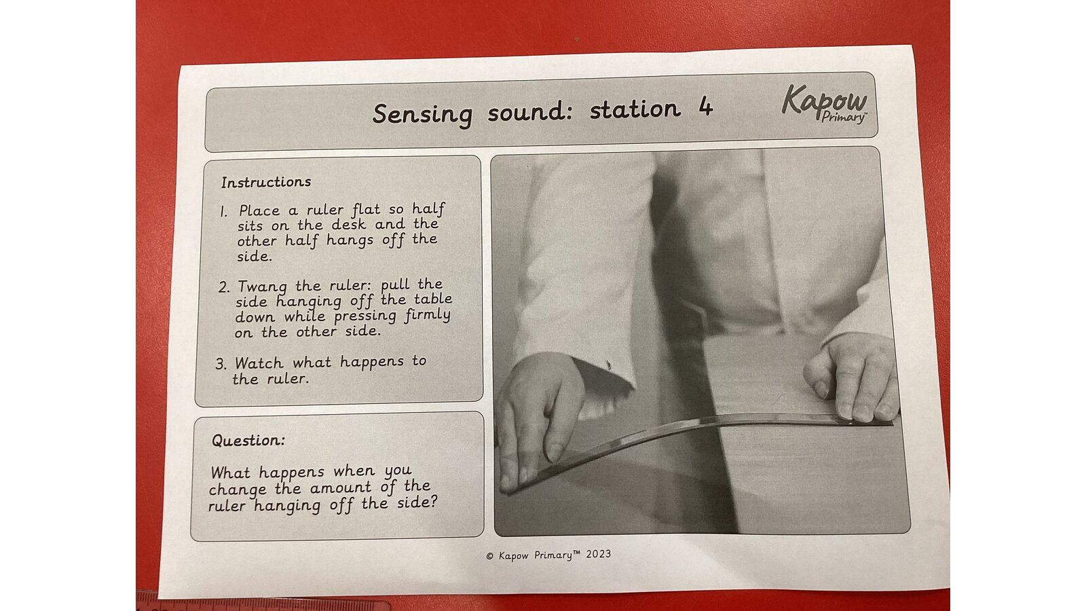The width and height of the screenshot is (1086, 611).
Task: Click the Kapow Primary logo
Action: tap(824, 103)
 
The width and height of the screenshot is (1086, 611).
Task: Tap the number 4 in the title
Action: tap(705, 107)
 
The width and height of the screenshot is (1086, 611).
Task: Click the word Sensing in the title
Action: tap(422, 115)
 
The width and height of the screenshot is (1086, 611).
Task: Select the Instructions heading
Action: tap(266, 183)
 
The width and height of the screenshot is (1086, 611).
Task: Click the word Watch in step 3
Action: tap(259, 363)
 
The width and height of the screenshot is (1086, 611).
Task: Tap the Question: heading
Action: tap(248, 441)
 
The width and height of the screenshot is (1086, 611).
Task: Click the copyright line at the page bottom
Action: tap(548, 555)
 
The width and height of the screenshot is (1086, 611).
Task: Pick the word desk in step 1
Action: tap(349, 225)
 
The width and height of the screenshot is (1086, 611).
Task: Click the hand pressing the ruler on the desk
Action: tap(852, 376)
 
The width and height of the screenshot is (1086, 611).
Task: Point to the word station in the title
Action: tap(635, 110)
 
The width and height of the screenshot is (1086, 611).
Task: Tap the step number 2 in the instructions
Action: tap(223, 287)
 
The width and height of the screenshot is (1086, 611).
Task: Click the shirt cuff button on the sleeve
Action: tap(608, 365)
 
